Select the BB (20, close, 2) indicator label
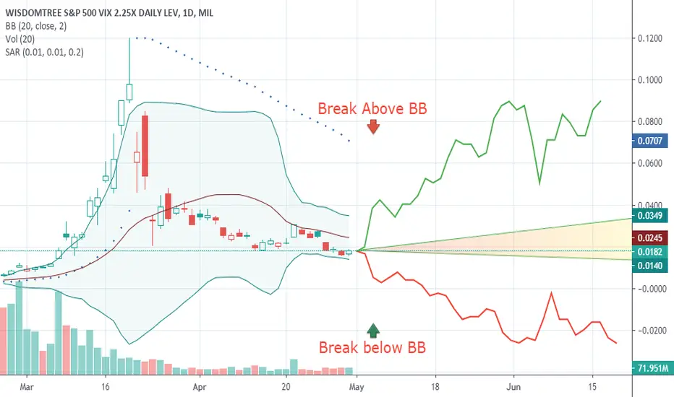pos(36,26)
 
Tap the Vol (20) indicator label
pos(20,39)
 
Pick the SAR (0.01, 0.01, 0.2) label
pos(45,53)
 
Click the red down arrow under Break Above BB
pos(373,126)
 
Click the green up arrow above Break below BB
pos(374,330)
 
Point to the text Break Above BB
pos(372,108)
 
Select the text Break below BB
pos(372,347)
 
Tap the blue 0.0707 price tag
pos(650,141)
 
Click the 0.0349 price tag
pos(650,215)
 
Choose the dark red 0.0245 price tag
pos(650,237)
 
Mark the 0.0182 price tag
pos(650,252)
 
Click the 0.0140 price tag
pos(650,266)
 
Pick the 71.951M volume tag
pos(651,368)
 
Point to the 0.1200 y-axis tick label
pos(650,39)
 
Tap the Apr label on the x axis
pos(200,387)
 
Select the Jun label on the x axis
pos(513,387)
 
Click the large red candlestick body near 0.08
pos(145,146)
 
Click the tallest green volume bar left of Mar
pos(19,328)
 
